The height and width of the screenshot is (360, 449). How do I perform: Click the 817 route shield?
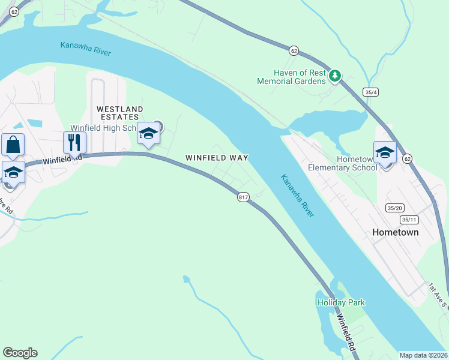click(243, 197)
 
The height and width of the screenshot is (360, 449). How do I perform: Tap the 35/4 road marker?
click(370, 92)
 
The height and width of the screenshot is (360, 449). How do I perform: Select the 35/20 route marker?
click(394, 208)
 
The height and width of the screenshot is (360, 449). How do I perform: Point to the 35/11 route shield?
click(410, 220)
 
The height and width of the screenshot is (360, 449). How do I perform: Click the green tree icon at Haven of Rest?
click(335, 76)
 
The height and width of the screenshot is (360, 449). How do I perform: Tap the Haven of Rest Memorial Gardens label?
click(292, 77)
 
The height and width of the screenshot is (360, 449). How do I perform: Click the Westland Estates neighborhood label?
click(120, 113)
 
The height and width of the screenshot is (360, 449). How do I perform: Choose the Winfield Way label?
click(217, 157)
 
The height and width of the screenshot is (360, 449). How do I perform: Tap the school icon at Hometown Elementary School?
click(385, 152)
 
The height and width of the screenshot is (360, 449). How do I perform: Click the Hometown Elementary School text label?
click(342, 163)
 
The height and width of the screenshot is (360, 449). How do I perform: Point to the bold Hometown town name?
click(395, 232)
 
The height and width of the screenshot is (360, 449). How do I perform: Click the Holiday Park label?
click(341, 302)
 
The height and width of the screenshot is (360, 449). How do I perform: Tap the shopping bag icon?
click(13, 145)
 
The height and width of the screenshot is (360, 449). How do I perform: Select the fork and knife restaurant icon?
click(75, 143)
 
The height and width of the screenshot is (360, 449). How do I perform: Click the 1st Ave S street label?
click(438, 295)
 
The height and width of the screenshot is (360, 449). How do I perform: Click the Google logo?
click(20, 353)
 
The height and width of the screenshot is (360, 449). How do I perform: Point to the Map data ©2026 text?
click(423, 355)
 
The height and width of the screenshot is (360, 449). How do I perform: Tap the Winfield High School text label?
click(105, 128)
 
